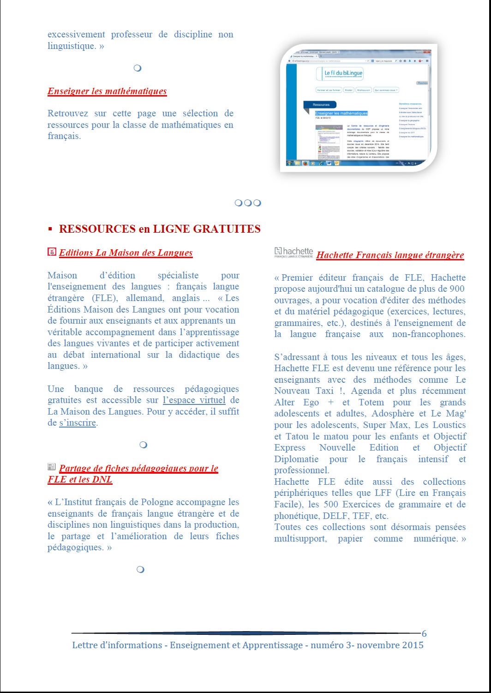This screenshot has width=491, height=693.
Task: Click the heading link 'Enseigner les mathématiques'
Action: (x=107, y=91)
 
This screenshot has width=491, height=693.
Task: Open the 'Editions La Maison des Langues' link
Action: (x=126, y=253)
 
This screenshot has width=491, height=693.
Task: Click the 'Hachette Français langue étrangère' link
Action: (x=390, y=255)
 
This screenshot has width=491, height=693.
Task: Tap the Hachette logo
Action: (x=293, y=252)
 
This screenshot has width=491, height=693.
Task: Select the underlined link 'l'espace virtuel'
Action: (x=194, y=400)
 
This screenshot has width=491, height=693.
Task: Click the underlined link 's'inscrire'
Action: (x=78, y=422)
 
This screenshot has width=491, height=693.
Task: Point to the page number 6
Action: (x=424, y=633)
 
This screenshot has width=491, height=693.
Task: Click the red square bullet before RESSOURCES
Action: (x=50, y=229)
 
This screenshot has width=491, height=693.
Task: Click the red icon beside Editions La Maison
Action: (x=52, y=252)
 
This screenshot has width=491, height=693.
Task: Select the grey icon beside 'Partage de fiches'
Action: (x=52, y=467)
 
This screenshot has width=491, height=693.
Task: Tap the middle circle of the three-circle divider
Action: (x=248, y=203)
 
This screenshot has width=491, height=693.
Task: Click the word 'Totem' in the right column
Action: (x=371, y=402)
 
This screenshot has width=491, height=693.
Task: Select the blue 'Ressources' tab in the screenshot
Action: (x=321, y=105)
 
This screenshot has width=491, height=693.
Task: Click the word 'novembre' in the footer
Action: (x=377, y=645)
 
